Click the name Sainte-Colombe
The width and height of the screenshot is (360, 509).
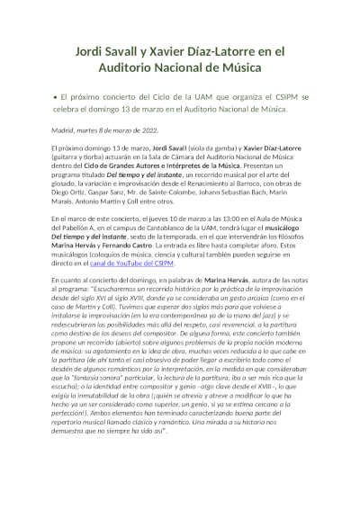pos(172,194)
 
